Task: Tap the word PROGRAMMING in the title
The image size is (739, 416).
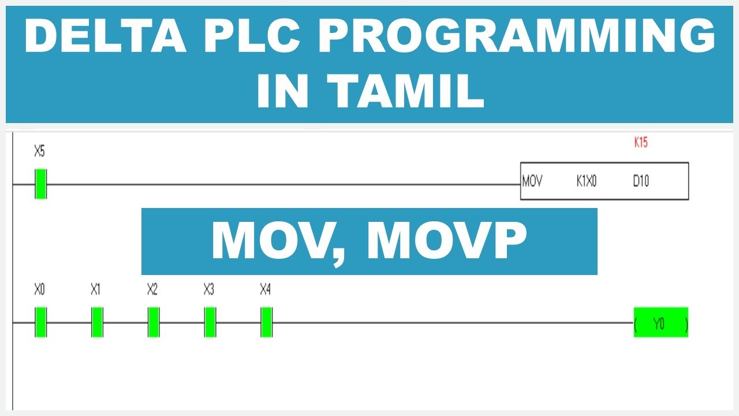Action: (x=517, y=36)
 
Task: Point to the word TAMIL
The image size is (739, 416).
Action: (x=406, y=91)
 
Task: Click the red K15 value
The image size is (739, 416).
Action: (x=641, y=143)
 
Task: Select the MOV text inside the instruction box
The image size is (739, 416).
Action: (x=532, y=181)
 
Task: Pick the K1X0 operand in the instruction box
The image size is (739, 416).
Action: (x=586, y=181)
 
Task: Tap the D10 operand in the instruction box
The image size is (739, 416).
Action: (x=641, y=181)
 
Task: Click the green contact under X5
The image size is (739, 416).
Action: (x=40, y=184)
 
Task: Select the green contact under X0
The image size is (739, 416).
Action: (x=40, y=322)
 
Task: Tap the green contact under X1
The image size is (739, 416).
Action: (x=97, y=322)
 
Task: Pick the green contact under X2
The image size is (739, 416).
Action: (x=154, y=322)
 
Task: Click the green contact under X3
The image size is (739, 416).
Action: (x=210, y=322)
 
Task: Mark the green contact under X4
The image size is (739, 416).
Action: (x=266, y=322)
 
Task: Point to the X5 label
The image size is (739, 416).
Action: (x=39, y=152)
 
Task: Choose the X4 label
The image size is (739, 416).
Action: (x=266, y=289)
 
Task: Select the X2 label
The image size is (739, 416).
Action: (x=152, y=289)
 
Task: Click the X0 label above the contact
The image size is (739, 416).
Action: (x=39, y=289)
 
